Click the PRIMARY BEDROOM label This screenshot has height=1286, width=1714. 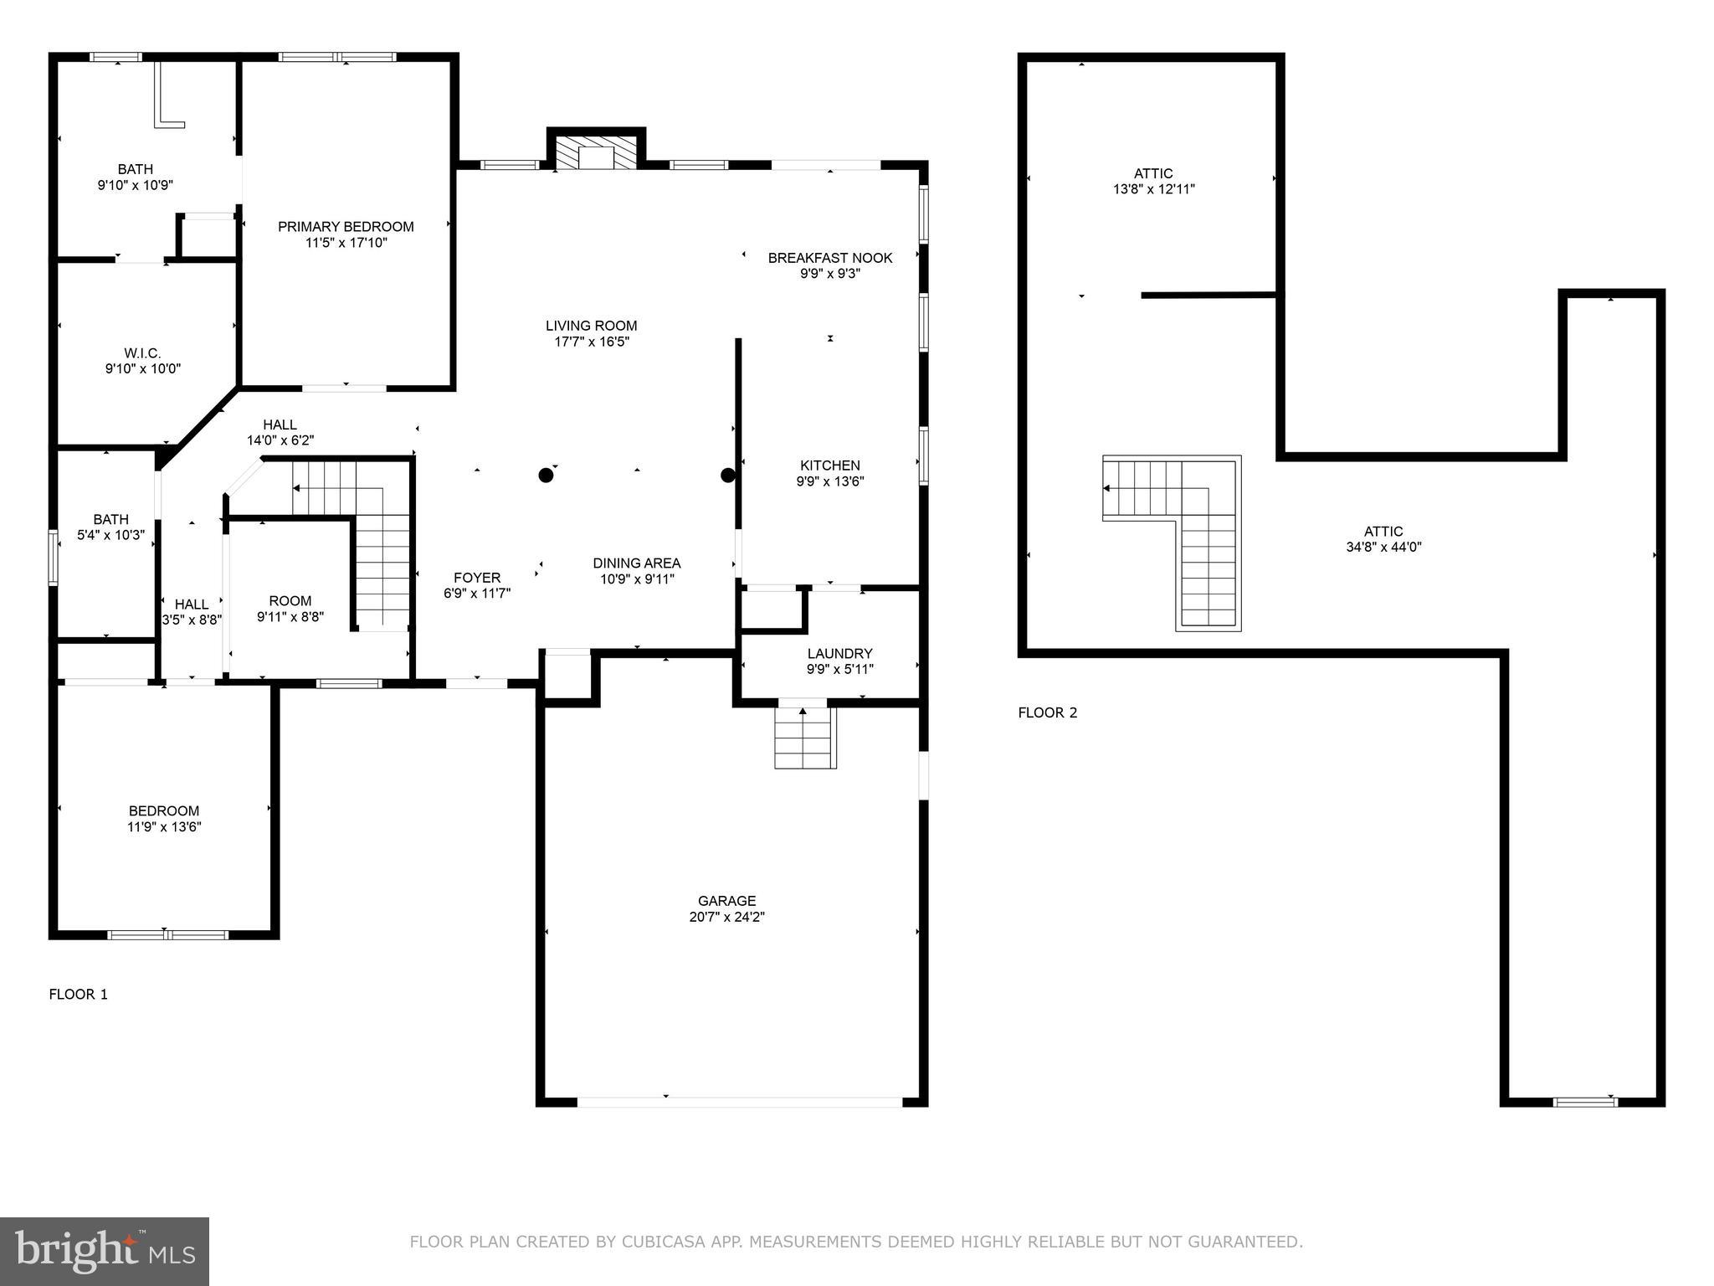pos(346,227)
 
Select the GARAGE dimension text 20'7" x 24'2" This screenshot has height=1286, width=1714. pos(726,917)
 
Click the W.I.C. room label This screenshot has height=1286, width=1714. pos(142,353)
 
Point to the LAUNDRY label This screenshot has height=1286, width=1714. pos(839,653)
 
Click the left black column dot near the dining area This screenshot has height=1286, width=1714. pos(546,476)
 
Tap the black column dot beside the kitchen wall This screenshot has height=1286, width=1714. pos(727,476)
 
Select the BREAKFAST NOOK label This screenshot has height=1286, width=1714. pos(829,258)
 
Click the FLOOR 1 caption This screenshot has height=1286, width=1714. pos(79,995)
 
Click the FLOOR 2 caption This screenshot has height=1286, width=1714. pos(1047,712)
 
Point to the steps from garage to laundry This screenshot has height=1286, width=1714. pos(804,738)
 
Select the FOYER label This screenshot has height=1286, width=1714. pos(477,578)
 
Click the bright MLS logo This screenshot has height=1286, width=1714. pos(104,1251)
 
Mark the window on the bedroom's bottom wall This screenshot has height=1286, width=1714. pos(167,934)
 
